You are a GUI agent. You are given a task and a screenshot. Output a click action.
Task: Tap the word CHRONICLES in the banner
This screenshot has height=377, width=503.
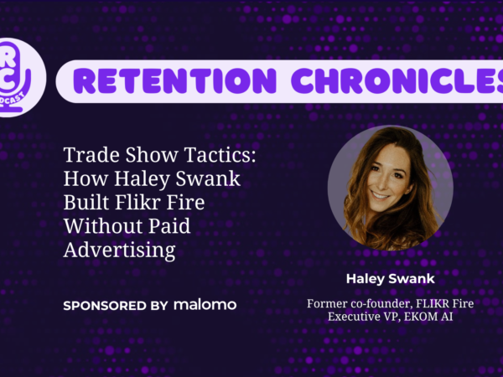click(x=397, y=80)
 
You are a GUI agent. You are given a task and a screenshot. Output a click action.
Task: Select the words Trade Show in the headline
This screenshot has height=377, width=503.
click(x=121, y=154)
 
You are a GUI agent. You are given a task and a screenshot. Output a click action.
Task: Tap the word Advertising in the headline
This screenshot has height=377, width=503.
click(x=119, y=250)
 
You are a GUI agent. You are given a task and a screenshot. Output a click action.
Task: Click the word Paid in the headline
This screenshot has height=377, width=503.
click(x=169, y=225)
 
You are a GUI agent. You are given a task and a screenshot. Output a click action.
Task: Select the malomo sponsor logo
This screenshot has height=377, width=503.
click(x=205, y=305)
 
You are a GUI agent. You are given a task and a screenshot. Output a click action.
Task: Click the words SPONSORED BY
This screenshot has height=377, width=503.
click(x=116, y=306)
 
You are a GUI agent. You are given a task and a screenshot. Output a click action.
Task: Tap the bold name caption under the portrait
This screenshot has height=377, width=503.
click(x=391, y=279)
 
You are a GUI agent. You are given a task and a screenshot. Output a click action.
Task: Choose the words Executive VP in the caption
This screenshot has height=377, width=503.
click(x=363, y=317)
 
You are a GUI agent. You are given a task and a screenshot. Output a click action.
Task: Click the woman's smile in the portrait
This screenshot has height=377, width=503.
click(x=380, y=194)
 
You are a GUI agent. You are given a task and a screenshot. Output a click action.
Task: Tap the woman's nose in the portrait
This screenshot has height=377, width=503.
click(x=384, y=181)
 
